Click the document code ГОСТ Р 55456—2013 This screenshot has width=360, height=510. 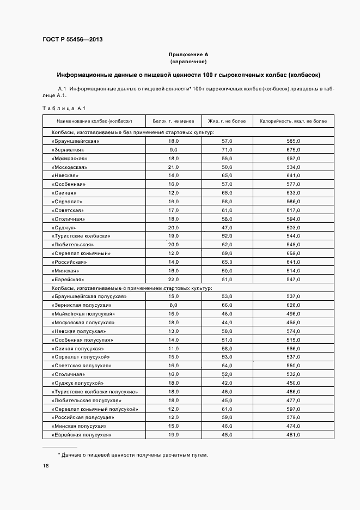coord(72,40)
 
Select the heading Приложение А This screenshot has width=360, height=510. coord(188,54)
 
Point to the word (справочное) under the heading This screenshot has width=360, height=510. coord(188,62)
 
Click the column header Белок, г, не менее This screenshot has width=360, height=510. coord(173,121)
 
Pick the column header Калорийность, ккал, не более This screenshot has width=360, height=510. coord(293,121)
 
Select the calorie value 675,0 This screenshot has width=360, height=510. coord(294,150)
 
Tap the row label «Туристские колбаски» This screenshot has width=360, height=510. coord(81,236)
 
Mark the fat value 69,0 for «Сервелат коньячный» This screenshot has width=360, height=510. coord(227,253)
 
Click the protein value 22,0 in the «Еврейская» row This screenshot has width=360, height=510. coord(173,280)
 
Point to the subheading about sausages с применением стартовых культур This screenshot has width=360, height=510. coord(132,288)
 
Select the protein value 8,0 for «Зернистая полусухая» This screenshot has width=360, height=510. coord(173,305)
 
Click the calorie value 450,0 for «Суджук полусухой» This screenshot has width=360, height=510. coord(294,383)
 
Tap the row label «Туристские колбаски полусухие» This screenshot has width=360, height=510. coord(95,392)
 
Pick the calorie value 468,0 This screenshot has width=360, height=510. coord(294,323)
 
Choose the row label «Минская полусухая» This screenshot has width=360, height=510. coord(79,426)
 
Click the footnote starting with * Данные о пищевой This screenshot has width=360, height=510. coord(133,455)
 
